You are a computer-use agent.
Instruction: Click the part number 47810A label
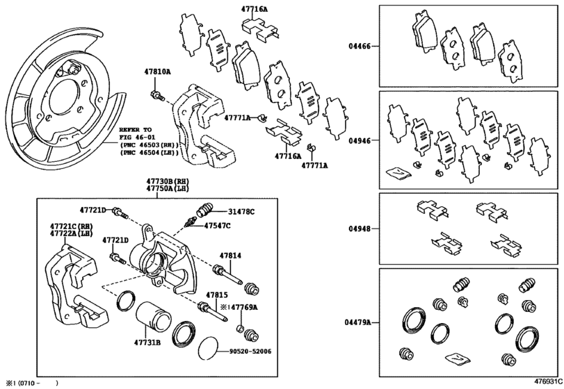pos(157,72)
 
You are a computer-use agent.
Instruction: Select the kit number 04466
pos(360,47)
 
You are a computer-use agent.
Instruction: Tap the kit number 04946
pos(360,140)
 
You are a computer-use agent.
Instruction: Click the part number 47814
pos(230,256)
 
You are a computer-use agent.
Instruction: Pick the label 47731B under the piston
pos(147,342)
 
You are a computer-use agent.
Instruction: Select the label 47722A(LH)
pos(71,234)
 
